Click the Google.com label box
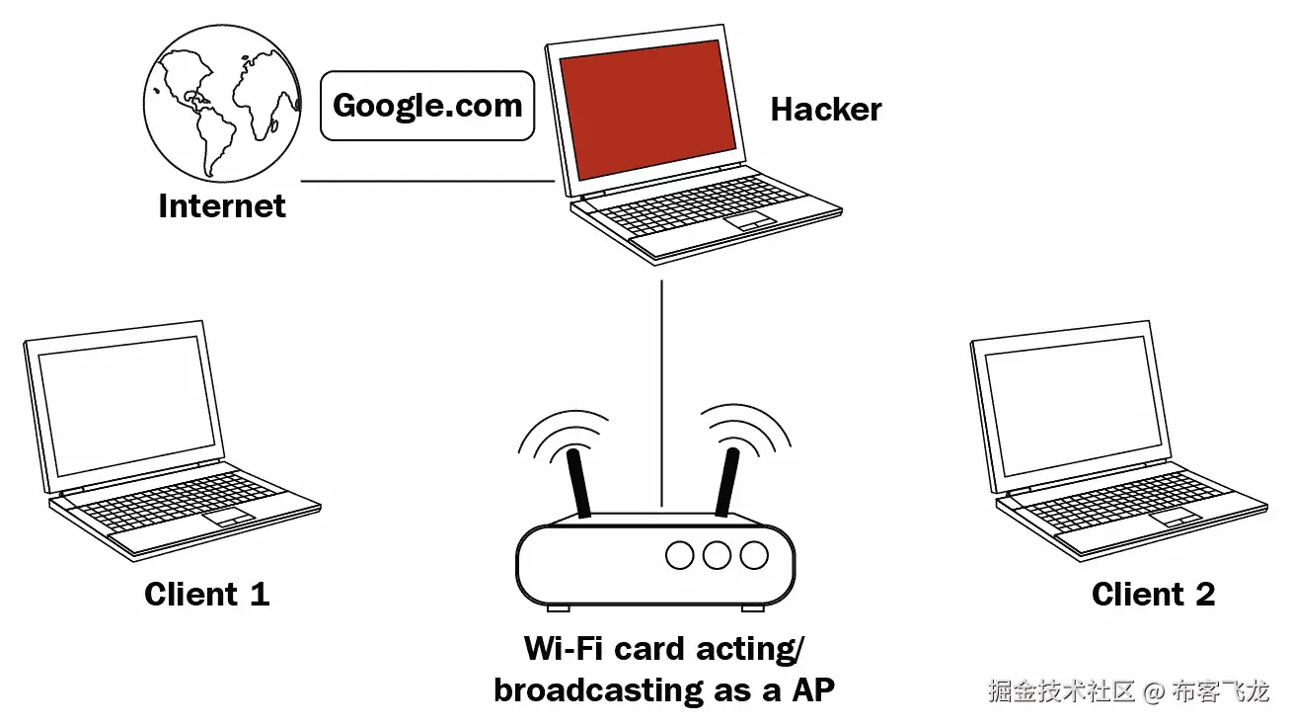coord(426,105)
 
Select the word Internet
coord(222,205)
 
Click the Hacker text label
coord(825,109)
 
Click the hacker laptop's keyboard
coord(691,213)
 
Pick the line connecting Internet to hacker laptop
coord(424,182)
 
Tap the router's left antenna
coord(578,484)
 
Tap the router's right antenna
coord(727,483)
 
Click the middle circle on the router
coord(717,555)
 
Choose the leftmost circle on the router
coord(680,555)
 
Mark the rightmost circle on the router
coord(753,555)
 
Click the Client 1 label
coord(206,594)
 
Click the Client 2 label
coord(1153,594)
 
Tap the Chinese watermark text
coord(1128,690)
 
